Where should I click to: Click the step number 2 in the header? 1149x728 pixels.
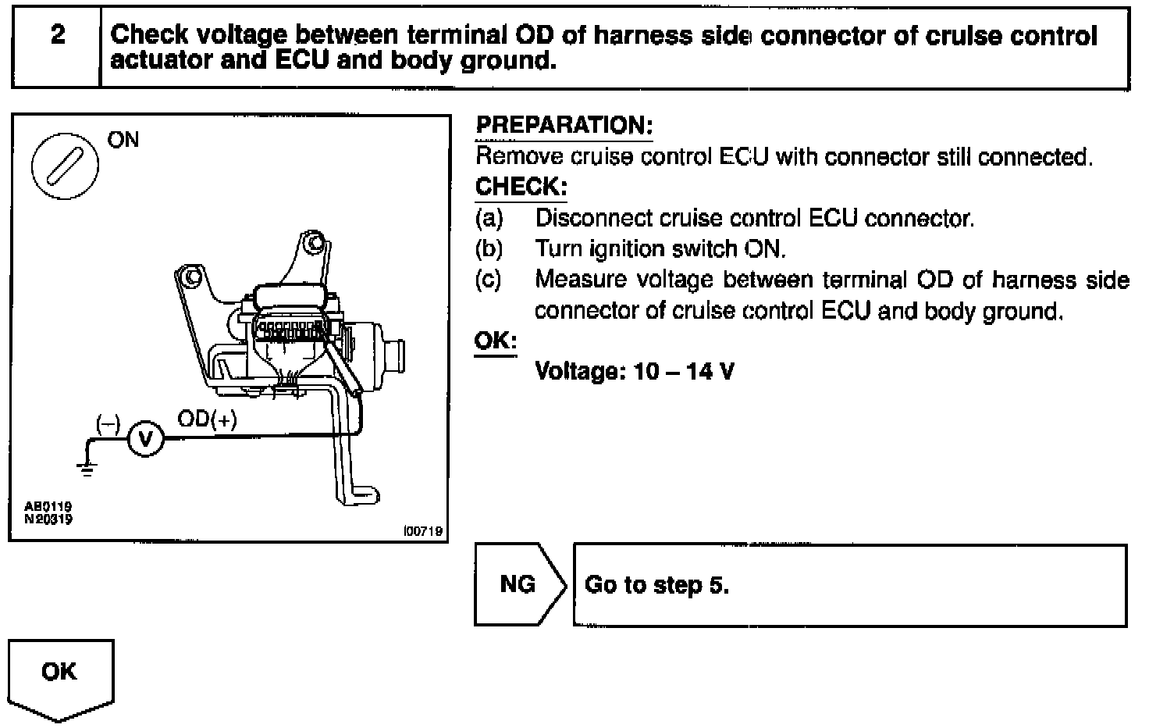57,35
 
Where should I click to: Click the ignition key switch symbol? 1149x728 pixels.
64,166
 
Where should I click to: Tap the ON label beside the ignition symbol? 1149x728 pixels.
123,141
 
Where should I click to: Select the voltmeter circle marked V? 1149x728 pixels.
144,439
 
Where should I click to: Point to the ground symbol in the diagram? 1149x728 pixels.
86,468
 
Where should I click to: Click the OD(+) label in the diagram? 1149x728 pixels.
207,419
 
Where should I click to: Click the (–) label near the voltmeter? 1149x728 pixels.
108,423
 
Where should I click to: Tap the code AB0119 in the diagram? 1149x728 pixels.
48,506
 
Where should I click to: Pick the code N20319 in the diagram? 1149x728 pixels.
48,518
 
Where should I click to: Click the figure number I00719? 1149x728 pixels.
423,531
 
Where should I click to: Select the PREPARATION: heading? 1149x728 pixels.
564,126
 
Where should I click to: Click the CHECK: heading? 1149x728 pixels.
521,187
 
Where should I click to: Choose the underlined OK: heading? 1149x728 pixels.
496,341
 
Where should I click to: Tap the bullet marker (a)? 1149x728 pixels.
489,219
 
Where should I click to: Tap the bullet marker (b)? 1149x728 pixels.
489,249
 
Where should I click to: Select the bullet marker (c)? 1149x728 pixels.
489,280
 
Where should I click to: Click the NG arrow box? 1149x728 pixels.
518,584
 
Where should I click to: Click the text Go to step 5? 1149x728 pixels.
656,585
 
